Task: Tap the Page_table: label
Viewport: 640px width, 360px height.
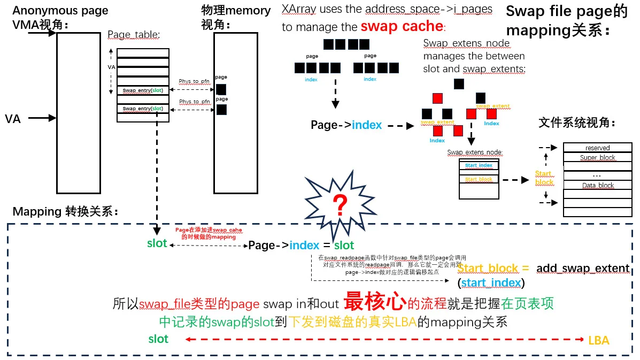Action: [134, 35]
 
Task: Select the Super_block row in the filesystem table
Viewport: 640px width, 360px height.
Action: [597, 158]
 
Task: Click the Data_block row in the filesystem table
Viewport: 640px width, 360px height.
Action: [597, 185]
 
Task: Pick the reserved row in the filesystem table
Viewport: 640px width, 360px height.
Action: [597, 148]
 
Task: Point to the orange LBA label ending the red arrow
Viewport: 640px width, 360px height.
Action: [598, 340]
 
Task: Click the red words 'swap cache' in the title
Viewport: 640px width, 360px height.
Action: [402, 26]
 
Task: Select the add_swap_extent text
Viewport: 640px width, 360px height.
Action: [582, 268]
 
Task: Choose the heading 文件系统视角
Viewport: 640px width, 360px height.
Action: [577, 123]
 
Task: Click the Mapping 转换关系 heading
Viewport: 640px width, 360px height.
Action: [65, 211]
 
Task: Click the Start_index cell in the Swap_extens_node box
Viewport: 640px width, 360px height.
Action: [479, 166]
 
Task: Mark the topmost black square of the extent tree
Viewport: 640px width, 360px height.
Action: [458, 83]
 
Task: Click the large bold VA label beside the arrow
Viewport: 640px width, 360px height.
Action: [13, 119]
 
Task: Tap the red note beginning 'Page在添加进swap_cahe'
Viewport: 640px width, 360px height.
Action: [209, 233]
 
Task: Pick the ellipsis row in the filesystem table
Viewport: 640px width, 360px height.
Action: [597, 175]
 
